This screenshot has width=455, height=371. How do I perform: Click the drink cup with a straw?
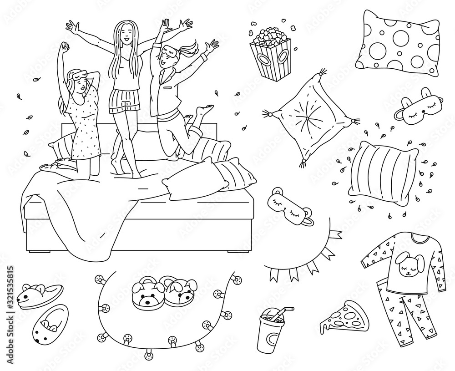(270, 332)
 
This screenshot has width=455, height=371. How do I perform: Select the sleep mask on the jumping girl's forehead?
(168, 49)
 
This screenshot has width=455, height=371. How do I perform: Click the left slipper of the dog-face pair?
(147, 294)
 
